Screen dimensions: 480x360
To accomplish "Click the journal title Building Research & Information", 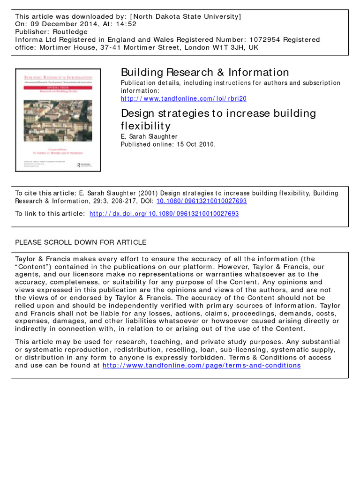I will point(205,72).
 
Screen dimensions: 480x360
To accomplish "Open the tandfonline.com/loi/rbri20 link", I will point(183,99).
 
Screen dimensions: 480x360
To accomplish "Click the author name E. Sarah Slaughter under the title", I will point(150,136).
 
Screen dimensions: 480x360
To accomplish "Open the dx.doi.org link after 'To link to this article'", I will point(164,214).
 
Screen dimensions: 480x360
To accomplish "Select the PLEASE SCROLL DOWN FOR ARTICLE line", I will point(81,242).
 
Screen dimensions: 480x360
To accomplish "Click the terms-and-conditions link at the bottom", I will point(201,365).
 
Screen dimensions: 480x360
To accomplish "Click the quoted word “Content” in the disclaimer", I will point(33,266).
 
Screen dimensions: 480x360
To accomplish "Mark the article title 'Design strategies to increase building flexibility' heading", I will point(218,119).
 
